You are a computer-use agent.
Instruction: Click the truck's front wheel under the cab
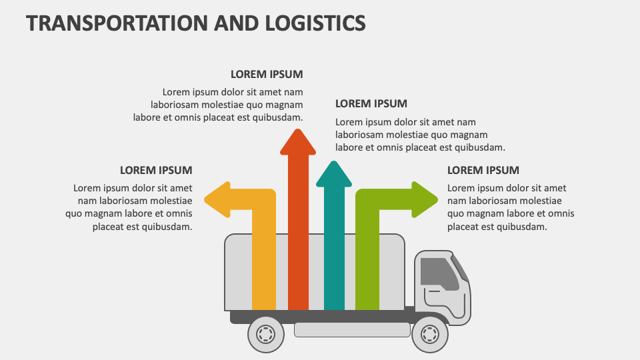point(430,333)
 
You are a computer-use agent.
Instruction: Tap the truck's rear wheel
point(266,333)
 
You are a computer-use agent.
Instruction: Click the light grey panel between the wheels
point(352,329)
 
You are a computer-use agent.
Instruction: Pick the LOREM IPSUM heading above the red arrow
point(267,74)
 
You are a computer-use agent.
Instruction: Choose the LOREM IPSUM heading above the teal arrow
point(371,103)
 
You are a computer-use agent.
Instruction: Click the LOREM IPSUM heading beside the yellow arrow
point(156,170)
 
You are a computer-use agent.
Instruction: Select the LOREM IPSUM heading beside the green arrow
point(483,170)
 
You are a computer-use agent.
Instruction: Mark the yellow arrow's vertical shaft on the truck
point(264,267)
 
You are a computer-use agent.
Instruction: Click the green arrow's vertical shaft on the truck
point(367,267)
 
